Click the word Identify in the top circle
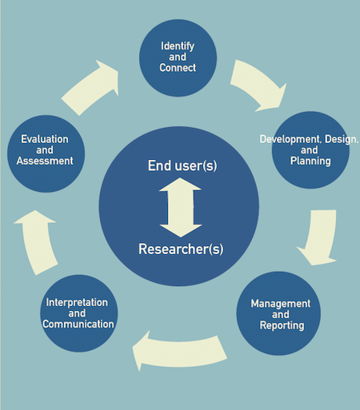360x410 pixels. pos(178,46)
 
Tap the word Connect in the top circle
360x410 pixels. pos(178,68)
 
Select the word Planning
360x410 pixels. pos(310,161)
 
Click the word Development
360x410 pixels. pos(289,139)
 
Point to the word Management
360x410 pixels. pos(281,304)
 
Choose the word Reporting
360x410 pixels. pos(282,325)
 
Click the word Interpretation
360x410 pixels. pos(77,302)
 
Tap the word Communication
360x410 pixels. pos(78,324)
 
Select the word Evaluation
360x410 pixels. pos(45,139)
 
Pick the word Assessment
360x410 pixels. pos(45,161)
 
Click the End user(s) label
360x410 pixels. pos(182,165)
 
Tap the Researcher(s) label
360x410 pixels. pos(181,249)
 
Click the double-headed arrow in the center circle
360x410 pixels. pos(181,207)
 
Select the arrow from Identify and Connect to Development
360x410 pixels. pos(259,85)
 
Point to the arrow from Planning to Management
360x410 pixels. pos(320,238)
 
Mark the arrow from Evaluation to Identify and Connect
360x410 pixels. pos(90,88)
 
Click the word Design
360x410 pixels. pos(341,139)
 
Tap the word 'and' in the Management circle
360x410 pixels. pos(281,315)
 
